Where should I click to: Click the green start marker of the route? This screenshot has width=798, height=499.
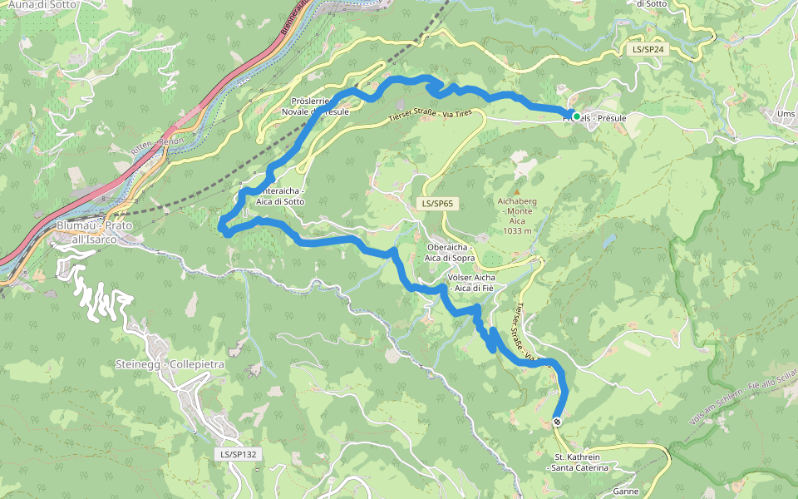click(x=576, y=116)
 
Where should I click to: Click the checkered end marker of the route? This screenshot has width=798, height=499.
click(x=557, y=422)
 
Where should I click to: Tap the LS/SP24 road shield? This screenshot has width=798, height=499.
click(x=648, y=50)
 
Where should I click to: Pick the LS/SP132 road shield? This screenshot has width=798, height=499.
click(x=239, y=454)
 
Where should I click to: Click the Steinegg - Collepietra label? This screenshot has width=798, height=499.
click(x=170, y=364)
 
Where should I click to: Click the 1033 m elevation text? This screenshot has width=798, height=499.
click(x=516, y=231)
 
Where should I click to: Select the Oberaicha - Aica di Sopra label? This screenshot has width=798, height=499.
click(x=449, y=252)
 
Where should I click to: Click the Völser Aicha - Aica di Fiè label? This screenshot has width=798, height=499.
click(x=471, y=282)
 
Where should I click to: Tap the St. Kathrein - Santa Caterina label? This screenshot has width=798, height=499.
click(x=581, y=462)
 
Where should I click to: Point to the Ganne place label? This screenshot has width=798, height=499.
click(x=625, y=492)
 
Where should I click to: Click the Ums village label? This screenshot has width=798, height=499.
click(x=786, y=113)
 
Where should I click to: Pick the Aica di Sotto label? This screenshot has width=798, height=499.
click(x=280, y=202)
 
